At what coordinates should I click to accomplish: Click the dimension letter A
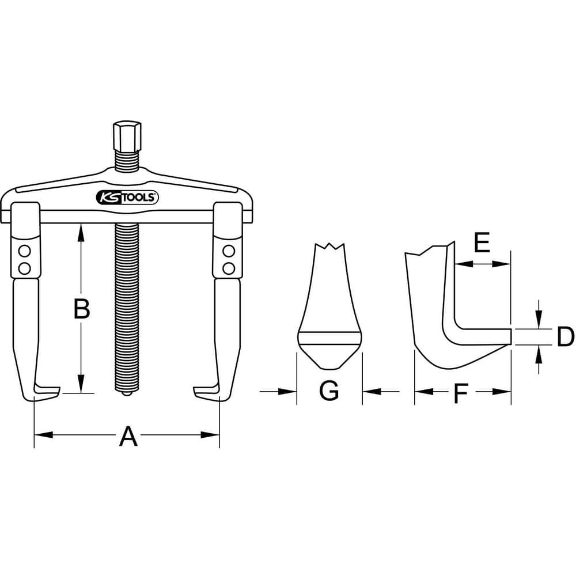coord(128,436)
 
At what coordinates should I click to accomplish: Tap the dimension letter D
coord(566,337)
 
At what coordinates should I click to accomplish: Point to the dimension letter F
coord(461,393)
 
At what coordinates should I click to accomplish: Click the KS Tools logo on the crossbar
coord(127,198)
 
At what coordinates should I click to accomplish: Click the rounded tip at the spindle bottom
coord(127,393)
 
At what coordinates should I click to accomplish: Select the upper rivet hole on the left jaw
coord(25,251)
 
